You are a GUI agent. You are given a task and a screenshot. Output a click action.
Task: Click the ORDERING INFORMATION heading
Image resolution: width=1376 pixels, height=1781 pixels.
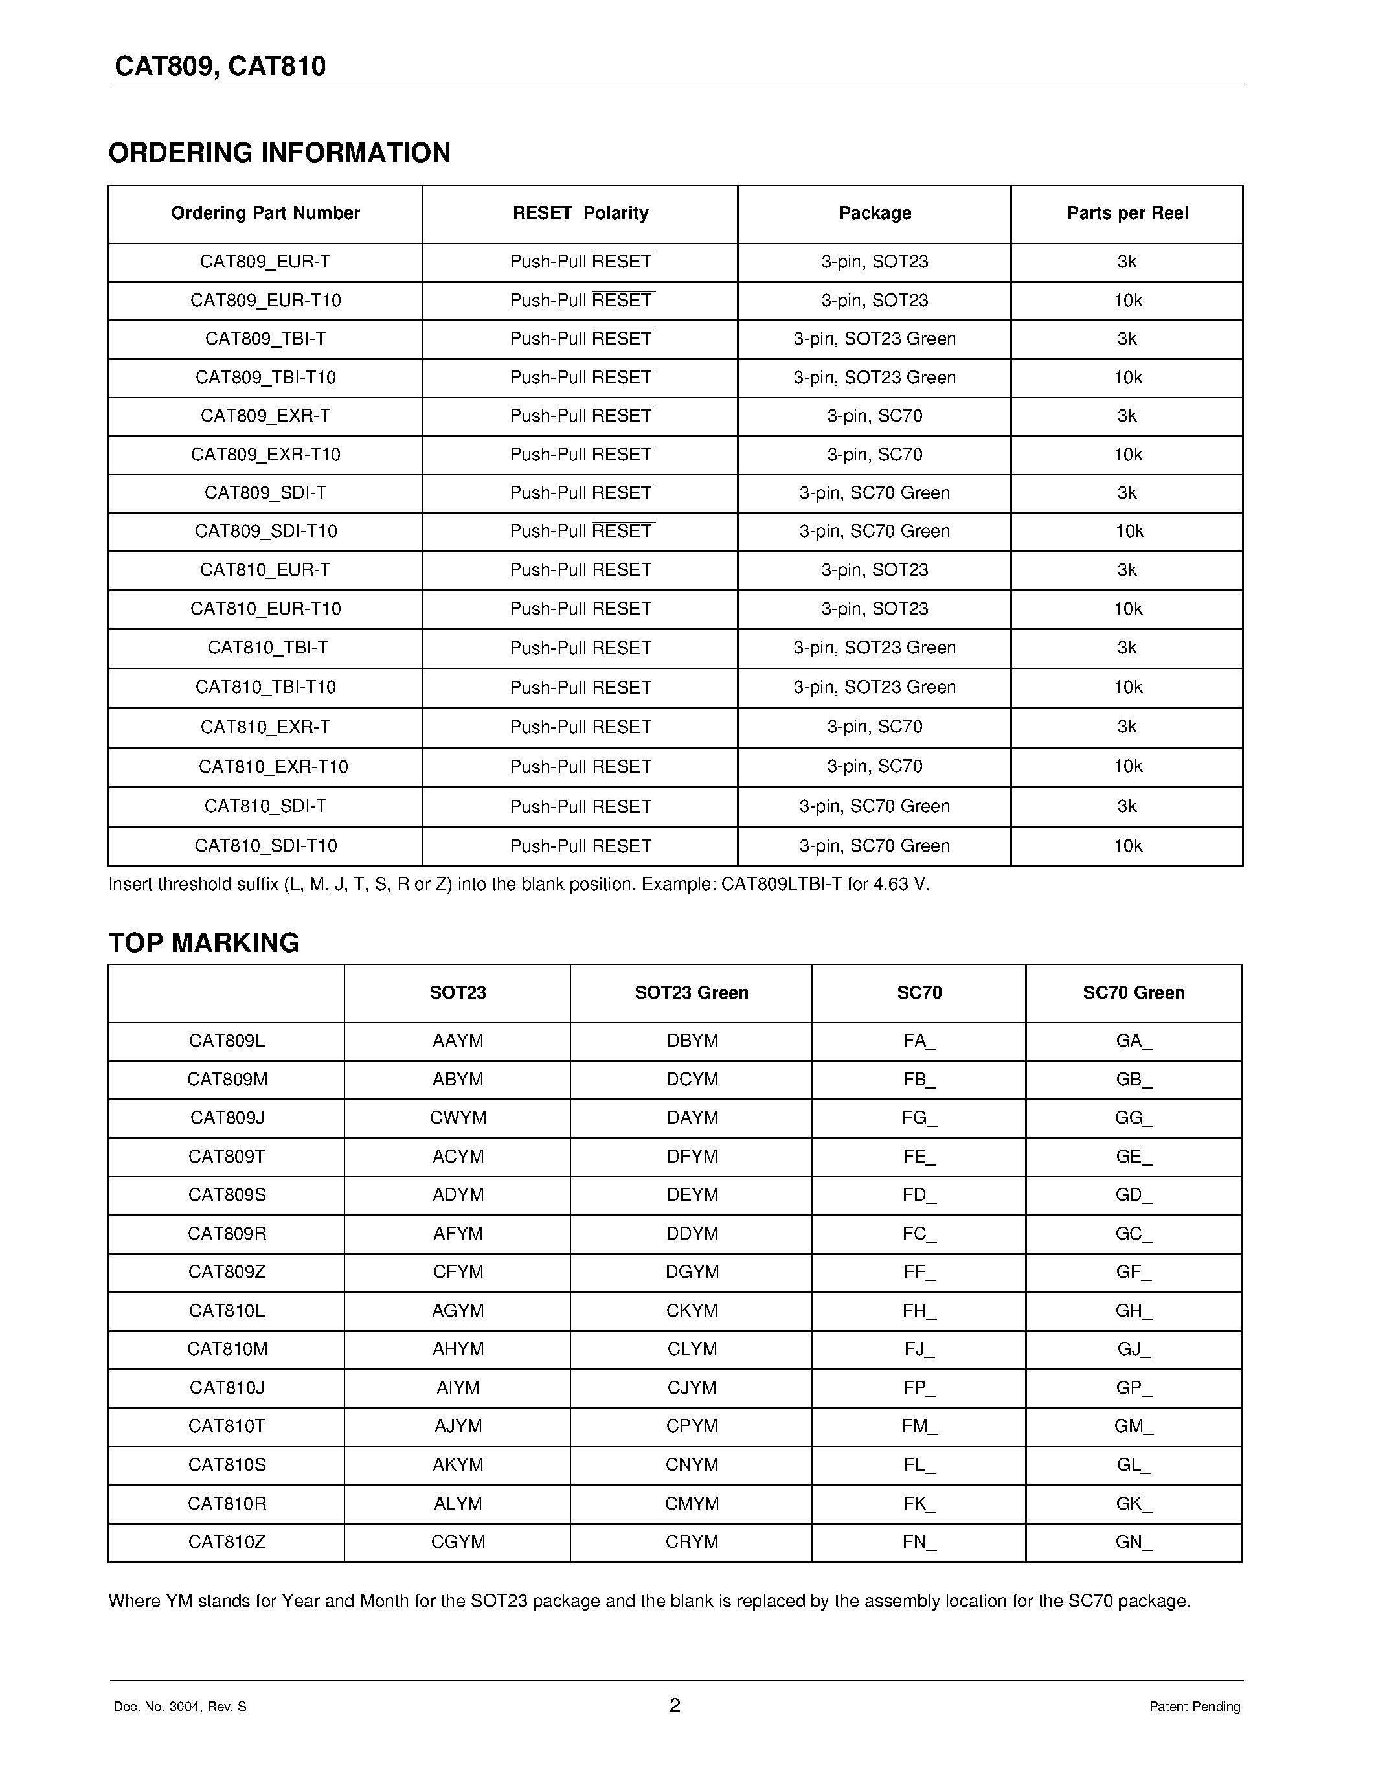279,152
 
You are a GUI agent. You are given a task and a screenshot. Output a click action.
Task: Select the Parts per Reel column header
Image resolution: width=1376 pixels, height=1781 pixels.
1127,213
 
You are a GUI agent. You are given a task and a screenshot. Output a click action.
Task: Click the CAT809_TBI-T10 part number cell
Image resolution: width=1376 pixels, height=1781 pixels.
265,378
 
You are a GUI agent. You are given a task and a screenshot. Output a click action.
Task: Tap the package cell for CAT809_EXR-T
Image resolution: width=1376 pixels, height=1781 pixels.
874,416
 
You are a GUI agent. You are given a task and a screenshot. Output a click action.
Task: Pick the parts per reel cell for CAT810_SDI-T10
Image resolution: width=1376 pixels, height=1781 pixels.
1127,846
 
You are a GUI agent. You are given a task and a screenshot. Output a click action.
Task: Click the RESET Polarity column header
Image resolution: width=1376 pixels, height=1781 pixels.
580,213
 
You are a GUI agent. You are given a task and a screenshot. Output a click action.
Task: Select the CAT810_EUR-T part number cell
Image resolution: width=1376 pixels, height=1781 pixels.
265,570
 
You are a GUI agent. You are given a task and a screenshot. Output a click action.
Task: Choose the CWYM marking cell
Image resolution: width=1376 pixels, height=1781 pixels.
457,1117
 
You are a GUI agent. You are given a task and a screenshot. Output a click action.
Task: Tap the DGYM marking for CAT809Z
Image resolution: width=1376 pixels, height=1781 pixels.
692,1271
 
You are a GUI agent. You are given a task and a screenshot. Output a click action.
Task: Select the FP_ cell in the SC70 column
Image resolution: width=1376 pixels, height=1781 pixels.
919,1387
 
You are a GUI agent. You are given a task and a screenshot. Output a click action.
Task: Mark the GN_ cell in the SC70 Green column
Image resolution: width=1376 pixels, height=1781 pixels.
1133,1542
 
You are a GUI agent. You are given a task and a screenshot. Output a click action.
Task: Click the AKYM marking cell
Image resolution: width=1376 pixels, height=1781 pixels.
457,1464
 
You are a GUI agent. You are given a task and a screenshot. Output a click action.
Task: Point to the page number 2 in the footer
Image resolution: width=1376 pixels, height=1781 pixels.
674,1705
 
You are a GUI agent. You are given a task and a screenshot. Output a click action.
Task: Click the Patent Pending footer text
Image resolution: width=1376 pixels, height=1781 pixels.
1194,1706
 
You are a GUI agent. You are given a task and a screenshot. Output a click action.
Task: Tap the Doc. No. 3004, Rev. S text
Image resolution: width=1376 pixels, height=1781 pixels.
179,1706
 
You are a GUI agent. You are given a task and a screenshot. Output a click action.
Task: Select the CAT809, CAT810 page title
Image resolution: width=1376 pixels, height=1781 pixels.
220,66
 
